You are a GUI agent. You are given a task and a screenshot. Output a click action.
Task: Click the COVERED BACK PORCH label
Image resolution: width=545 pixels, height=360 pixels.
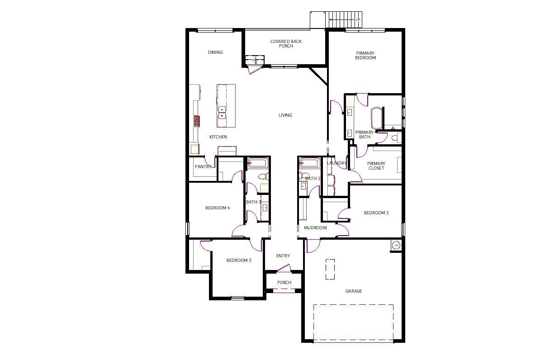(286, 44)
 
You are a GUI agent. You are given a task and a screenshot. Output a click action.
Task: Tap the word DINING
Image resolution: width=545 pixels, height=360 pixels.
(215, 52)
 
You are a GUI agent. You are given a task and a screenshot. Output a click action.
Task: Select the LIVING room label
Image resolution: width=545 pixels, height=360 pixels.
(285, 115)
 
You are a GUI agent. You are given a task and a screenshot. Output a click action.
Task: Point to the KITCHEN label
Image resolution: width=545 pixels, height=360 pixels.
(218, 137)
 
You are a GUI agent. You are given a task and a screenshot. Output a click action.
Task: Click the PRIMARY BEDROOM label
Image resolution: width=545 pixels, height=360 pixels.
(365, 56)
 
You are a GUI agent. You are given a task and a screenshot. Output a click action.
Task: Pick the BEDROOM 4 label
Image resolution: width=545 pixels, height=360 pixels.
(218, 208)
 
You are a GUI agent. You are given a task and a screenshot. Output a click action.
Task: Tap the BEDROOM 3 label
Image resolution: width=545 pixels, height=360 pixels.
(239, 261)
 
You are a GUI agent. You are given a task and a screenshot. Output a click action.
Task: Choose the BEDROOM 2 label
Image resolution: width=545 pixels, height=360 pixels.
(376, 213)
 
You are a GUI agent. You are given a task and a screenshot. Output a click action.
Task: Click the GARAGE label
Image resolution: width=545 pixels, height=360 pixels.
(354, 291)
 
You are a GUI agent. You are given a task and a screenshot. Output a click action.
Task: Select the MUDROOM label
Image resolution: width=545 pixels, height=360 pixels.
(315, 228)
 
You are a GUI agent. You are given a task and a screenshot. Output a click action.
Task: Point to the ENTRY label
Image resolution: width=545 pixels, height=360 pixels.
(283, 256)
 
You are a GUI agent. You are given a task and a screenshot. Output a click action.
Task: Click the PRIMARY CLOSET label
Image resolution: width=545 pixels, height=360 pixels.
(376, 166)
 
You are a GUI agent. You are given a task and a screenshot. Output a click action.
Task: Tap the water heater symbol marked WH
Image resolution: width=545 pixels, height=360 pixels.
(397, 245)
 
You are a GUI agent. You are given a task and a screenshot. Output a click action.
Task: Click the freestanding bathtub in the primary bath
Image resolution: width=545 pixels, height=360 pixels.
(376, 118)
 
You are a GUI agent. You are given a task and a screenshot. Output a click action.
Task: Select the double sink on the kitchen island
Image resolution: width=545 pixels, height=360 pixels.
(222, 113)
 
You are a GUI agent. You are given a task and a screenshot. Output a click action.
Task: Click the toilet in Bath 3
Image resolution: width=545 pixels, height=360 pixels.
(264, 176)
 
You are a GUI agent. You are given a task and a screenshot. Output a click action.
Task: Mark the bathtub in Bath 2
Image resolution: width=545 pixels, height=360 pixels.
(310, 163)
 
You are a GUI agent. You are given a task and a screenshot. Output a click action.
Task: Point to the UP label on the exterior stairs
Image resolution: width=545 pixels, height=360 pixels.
(358, 20)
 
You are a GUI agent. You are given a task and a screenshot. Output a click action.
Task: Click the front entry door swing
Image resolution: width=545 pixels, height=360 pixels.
(284, 268)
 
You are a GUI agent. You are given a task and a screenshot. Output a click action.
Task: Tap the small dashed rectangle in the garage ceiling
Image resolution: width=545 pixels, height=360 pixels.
(330, 269)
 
